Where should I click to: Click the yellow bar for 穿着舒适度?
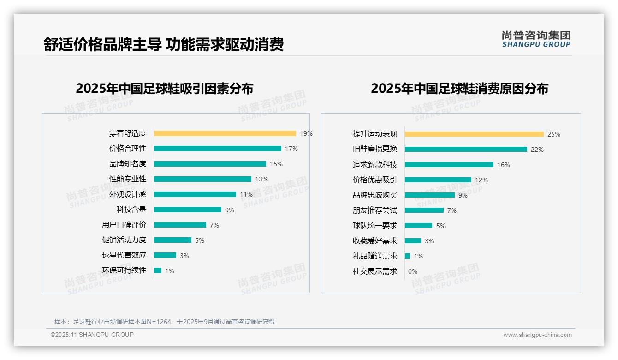[x=225, y=133]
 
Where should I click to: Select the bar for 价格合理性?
[x=217, y=149]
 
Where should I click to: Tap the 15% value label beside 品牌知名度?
[x=276, y=164]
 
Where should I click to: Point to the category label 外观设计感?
[x=128, y=194]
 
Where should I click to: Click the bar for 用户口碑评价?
[x=180, y=225]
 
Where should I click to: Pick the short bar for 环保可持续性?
[x=158, y=270]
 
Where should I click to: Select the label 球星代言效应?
[x=124, y=255]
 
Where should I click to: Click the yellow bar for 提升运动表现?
[x=474, y=134]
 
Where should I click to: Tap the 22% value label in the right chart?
[x=537, y=150]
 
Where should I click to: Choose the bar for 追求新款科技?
[x=449, y=165]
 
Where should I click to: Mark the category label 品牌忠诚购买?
[x=375, y=195]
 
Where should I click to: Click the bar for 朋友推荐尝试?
[x=424, y=210]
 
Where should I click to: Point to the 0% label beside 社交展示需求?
[x=413, y=271]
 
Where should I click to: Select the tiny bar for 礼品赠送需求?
[x=407, y=256]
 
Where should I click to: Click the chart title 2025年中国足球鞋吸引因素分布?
[x=165, y=89]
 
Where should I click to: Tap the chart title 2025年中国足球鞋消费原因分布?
[x=459, y=89]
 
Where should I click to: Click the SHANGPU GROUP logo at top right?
[x=536, y=39]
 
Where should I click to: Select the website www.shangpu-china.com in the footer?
[x=537, y=335]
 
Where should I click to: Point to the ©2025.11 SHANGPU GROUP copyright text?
[x=92, y=335]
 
